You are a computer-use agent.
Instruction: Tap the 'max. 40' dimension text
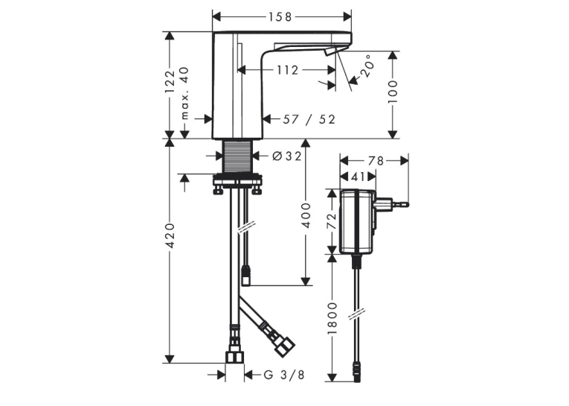pos(184,93)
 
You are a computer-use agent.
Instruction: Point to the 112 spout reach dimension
pos(287,70)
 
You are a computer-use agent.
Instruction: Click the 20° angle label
pos(366,66)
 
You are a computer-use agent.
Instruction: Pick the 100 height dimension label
pos(393,92)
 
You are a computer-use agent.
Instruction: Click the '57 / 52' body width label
pos(309,119)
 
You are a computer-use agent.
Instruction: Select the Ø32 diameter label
pos(286,156)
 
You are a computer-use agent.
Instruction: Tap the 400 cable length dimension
pos(306,215)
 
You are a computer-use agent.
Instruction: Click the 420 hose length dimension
pos(170,236)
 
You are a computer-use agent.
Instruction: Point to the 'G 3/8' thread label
pos(284,375)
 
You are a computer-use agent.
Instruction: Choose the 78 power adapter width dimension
pos(376,161)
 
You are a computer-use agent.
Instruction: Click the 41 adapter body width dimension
pos(358,177)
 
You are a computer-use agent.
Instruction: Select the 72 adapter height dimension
pos(332,221)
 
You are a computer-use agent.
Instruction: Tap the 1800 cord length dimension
pos(332,318)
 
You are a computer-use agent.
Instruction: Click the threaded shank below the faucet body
pos(237,156)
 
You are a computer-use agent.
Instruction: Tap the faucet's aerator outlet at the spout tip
pos(331,51)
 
